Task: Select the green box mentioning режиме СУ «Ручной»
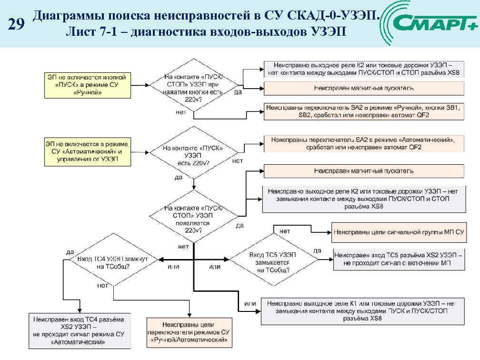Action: click(87, 84)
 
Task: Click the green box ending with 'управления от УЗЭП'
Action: click(87, 151)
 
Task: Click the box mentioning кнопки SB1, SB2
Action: click(363, 111)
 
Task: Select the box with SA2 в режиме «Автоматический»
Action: click(363, 143)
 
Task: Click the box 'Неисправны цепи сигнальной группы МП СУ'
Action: click(398, 232)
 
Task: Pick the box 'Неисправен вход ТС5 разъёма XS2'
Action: click(399, 259)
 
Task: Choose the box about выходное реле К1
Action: click(362, 311)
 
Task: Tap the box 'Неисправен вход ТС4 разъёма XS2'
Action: click(79, 330)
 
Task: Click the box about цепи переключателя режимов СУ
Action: click(190, 332)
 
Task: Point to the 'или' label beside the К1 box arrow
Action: click(250, 303)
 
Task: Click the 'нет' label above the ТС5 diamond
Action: click(285, 231)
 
